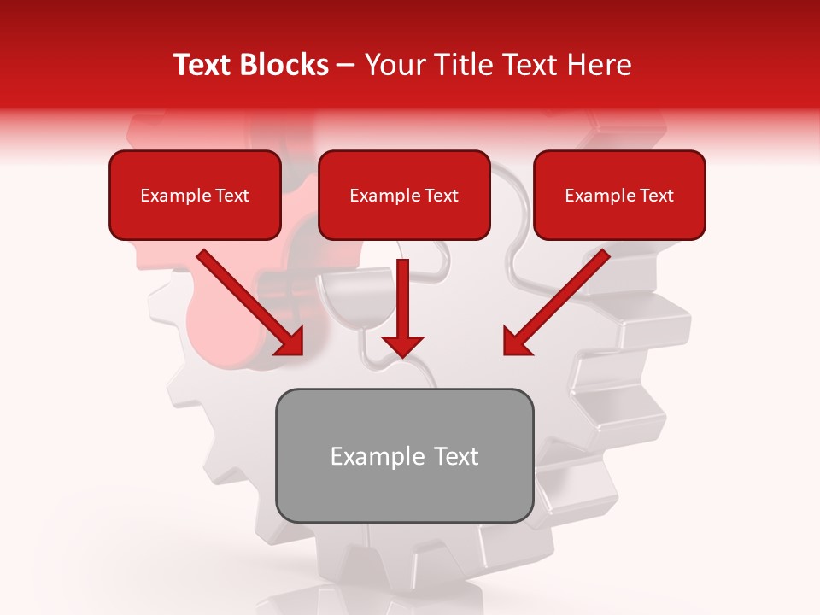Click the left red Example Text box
coord(195,195)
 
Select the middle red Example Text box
coord(404,195)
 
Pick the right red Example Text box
coord(619,195)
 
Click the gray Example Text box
coord(404,455)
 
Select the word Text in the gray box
coord(456,456)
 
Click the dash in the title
coord(346,66)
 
